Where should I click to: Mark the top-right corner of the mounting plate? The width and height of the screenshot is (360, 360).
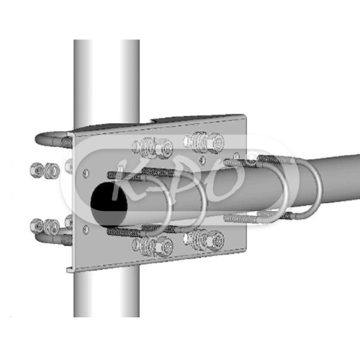tap(247, 115)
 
